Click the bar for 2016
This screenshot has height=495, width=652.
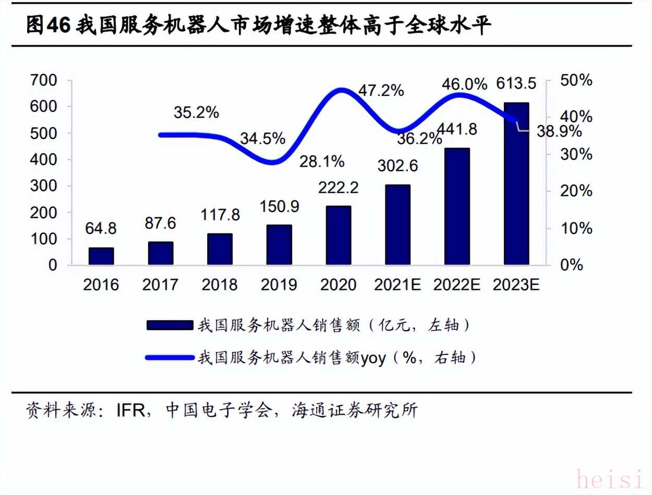[101, 256]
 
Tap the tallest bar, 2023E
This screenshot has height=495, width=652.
[516, 184]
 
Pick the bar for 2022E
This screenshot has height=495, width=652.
[457, 206]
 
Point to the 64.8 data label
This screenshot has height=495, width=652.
[102, 229]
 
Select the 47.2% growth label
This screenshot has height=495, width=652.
[381, 90]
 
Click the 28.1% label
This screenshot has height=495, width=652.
[322, 161]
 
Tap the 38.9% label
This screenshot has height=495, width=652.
[560, 132]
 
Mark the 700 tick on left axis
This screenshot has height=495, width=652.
[45, 80]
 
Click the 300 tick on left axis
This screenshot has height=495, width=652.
[45, 186]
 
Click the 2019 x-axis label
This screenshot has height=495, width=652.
[279, 285]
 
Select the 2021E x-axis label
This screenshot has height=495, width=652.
[398, 285]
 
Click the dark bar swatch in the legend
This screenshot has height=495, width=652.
[169, 325]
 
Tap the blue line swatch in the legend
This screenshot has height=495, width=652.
[169, 358]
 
